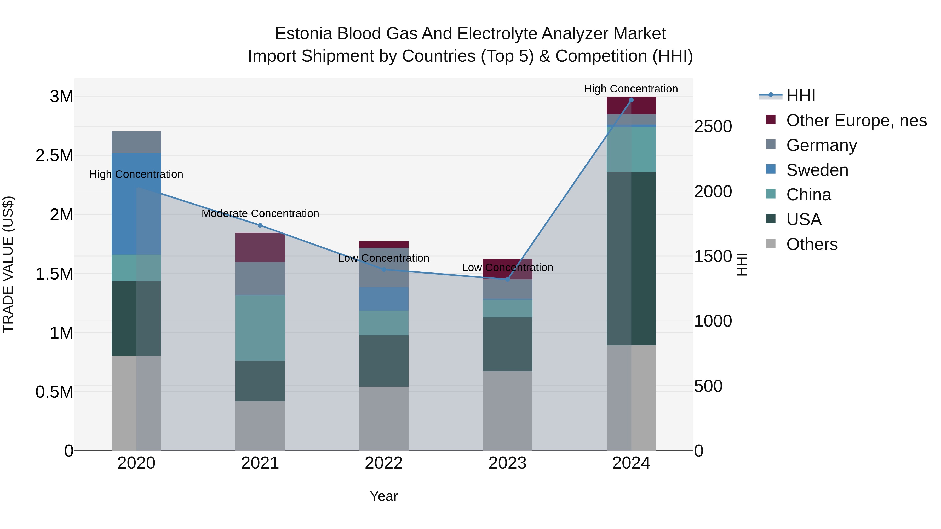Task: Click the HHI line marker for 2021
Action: point(260,225)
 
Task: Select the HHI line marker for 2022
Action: point(383,269)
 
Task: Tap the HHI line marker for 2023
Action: point(507,279)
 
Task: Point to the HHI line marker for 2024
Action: point(631,100)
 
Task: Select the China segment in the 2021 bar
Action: point(260,328)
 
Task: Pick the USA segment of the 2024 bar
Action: point(631,258)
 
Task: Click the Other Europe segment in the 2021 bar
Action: point(260,247)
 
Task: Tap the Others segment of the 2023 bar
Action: point(507,411)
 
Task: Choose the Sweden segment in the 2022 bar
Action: point(383,299)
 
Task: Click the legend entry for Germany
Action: point(821,145)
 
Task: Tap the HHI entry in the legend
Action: point(800,96)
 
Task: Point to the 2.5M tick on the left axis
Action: point(54,155)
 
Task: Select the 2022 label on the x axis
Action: point(383,463)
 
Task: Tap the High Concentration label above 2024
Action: point(631,89)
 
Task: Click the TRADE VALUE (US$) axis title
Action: point(8,264)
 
